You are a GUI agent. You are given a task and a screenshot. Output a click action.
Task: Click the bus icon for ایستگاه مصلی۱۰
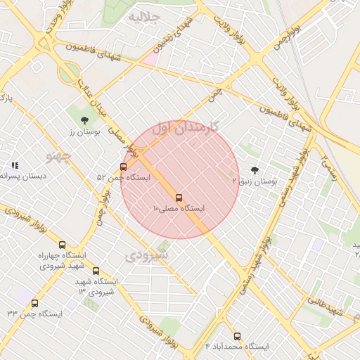[x=179, y=198]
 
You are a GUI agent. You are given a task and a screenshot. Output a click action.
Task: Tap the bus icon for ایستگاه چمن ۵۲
[x=124, y=167]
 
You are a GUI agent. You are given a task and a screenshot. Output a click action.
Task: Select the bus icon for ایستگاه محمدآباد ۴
[x=237, y=336]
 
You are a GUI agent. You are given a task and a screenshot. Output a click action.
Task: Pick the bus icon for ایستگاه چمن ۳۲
[x=35, y=303]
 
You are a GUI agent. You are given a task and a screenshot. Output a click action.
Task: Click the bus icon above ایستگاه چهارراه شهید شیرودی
[x=63, y=245]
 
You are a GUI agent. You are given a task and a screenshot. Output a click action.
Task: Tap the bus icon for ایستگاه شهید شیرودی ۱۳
[x=96, y=271]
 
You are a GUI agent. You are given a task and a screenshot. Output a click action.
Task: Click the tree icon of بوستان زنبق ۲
[x=254, y=170]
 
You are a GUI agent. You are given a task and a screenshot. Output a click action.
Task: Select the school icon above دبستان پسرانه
[x=14, y=165]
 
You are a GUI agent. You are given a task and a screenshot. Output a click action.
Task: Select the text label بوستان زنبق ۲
[x=256, y=181]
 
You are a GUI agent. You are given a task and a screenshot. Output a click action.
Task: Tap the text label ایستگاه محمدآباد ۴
[x=237, y=347]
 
